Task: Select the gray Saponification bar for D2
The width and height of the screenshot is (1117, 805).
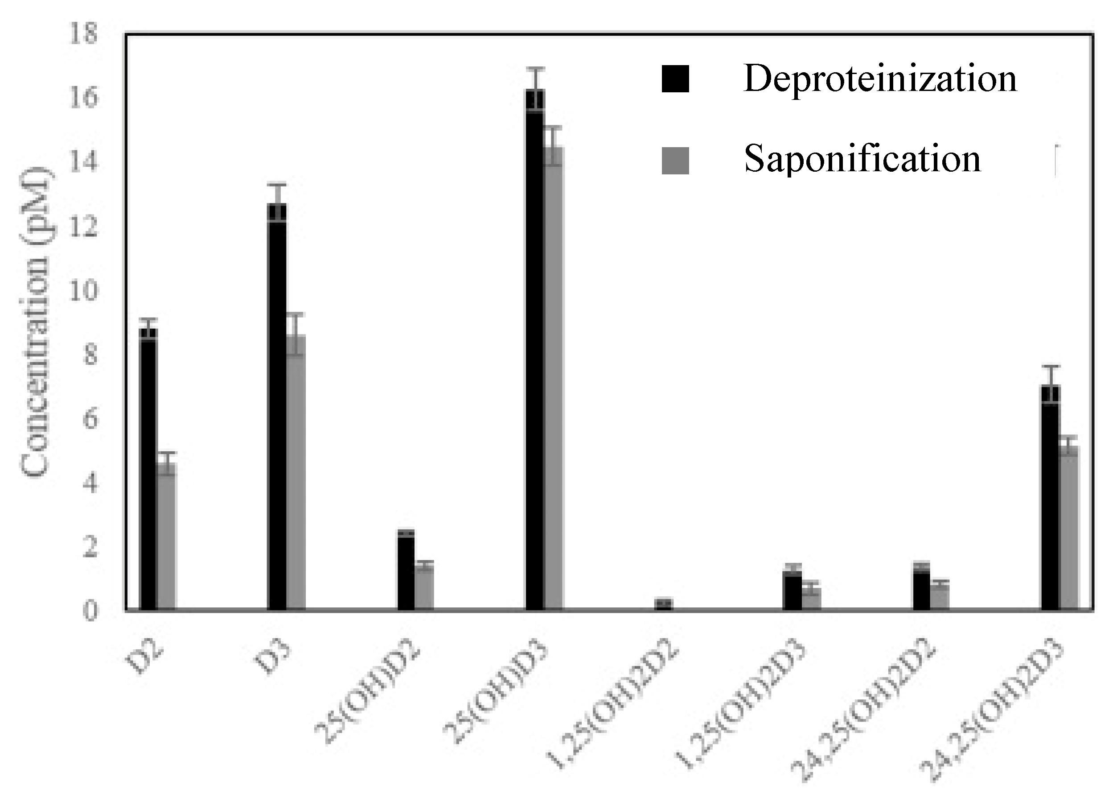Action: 167,537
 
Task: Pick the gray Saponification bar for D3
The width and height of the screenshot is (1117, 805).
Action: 296,473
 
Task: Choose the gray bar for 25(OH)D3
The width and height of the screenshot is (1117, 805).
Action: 554,380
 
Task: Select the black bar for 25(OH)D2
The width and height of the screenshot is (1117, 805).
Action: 406,571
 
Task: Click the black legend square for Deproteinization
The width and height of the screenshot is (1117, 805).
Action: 675,79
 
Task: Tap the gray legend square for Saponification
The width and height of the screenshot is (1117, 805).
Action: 675,161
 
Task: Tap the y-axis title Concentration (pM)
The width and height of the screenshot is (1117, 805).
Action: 36,323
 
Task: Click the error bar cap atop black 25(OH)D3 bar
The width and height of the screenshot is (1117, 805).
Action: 535,68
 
